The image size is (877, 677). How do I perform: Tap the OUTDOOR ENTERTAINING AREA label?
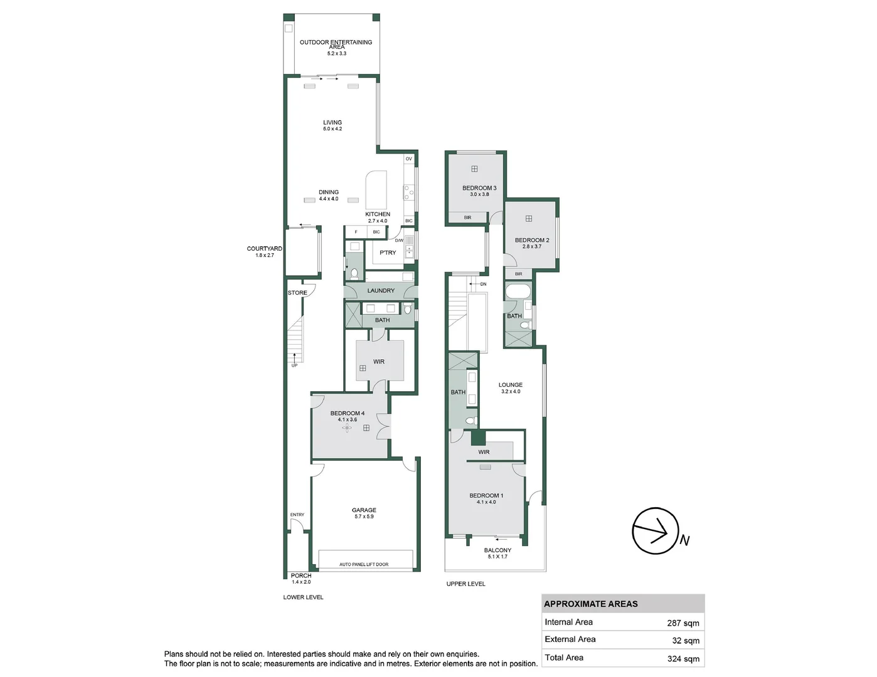tap(336, 45)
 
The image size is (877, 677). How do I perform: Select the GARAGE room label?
tap(364, 510)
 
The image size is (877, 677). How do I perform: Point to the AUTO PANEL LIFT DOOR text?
tap(364, 565)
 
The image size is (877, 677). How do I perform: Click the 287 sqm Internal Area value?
tap(683, 623)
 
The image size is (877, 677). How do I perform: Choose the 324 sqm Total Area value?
tap(683, 659)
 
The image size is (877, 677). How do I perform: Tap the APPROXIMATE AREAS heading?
tap(591, 604)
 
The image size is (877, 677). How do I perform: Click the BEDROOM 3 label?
tap(479, 188)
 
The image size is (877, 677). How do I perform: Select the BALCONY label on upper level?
tap(497, 550)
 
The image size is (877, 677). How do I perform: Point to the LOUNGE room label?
tap(511, 385)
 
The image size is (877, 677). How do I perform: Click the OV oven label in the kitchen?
tap(409, 159)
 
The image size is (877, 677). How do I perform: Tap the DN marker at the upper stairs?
tap(483, 284)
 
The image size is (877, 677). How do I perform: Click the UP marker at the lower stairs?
tap(294, 365)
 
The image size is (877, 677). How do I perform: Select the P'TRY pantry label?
tap(388, 253)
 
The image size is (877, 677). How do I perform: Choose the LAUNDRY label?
tap(381, 290)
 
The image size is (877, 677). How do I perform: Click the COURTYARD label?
tap(264, 249)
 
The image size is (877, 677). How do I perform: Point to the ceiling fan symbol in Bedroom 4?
tap(347, 428)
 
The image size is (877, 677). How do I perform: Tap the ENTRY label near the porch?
tap(297, 515)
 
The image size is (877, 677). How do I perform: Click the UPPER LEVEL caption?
tap(465, 584)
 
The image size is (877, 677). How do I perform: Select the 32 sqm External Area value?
tap(686, 641)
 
